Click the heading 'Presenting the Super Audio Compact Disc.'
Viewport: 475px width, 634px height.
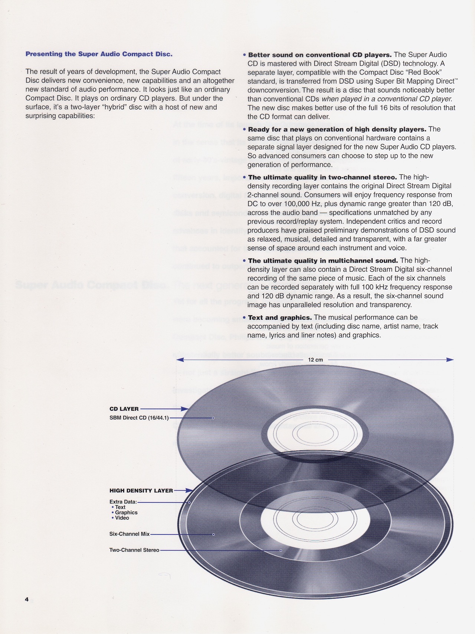tap(99, 54)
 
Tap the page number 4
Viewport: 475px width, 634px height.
tap(27, 599)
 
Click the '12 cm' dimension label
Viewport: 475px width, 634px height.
tap(315, 360)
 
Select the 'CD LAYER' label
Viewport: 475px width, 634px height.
tap(124, 409)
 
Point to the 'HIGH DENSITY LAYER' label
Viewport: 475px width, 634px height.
tap(141, 490)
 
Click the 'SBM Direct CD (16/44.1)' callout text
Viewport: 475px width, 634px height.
tap(139, 418)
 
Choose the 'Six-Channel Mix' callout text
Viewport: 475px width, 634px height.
tap(129, 534)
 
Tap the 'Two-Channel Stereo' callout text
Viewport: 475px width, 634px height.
tap(134, 550)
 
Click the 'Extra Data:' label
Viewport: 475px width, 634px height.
tap(123, 502)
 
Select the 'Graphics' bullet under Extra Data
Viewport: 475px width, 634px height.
tap(126, 512)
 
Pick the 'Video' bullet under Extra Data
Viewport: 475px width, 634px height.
tap(122, 518)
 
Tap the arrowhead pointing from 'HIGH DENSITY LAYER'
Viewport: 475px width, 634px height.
tap(189, 490)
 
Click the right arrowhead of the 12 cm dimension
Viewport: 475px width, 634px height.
tap(450, 360)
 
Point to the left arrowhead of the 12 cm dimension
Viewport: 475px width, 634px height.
tap(180, 360)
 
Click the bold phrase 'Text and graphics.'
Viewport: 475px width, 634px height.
tap(280, 318)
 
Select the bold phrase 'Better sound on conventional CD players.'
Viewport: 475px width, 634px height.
tap(320, 55)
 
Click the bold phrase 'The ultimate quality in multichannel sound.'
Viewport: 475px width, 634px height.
tap(323, 261)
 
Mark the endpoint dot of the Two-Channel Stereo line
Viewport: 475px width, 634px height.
tap(281, 551)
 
